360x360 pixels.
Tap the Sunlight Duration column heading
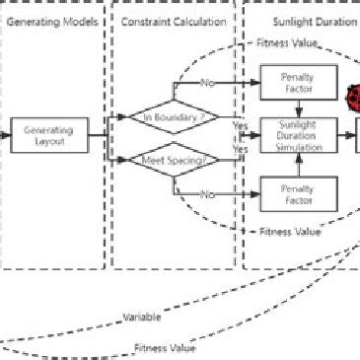pos(306,21)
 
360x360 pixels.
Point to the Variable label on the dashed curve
pos(143,318)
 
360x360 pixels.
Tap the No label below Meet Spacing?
pos(206,195)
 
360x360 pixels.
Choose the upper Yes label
pos(239,125)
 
